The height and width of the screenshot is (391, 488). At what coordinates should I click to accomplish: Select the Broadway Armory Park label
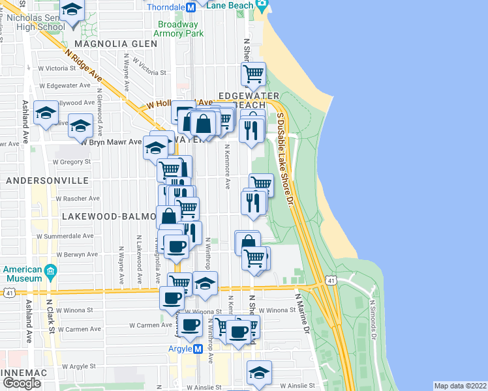(180, 29)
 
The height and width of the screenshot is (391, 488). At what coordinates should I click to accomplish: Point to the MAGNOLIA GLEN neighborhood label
(115, 44)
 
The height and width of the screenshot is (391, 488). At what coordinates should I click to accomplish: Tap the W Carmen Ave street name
(151, 325)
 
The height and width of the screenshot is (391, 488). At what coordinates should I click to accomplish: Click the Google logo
(22, 383)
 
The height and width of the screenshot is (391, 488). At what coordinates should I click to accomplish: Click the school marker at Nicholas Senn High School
(72, 10)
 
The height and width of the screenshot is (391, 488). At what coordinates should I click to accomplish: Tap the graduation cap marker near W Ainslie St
(259, 372)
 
